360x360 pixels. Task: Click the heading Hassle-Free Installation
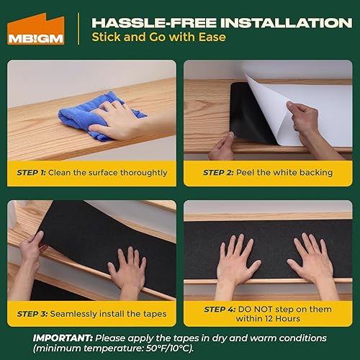(x=203, y=20)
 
